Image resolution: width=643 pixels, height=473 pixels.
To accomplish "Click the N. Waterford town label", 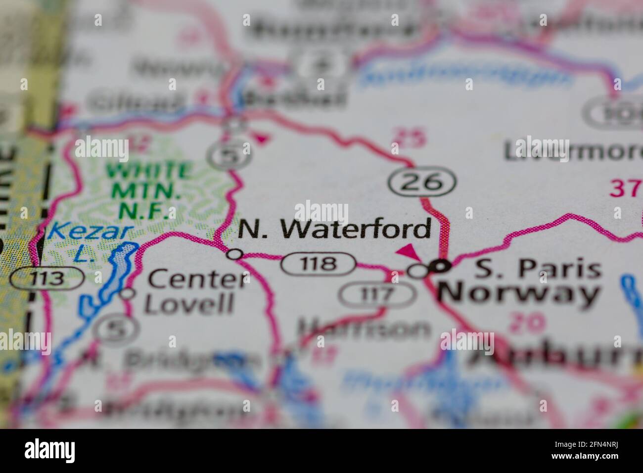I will pos(334,230).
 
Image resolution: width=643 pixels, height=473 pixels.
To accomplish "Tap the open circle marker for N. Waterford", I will pos(234,254).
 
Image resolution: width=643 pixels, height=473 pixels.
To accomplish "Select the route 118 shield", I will pos(319,264).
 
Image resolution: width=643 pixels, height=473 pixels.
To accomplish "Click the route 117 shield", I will pos(376,296).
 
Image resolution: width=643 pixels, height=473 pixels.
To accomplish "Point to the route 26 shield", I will pos(421,183).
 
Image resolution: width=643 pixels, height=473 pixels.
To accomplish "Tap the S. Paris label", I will pos(538,270).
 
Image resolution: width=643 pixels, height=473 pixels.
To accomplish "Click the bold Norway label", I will pos(518,294).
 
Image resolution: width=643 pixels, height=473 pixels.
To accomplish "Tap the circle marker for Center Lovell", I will pos(128,293).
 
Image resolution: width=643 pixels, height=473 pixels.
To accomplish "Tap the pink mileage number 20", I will pos(527,324).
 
